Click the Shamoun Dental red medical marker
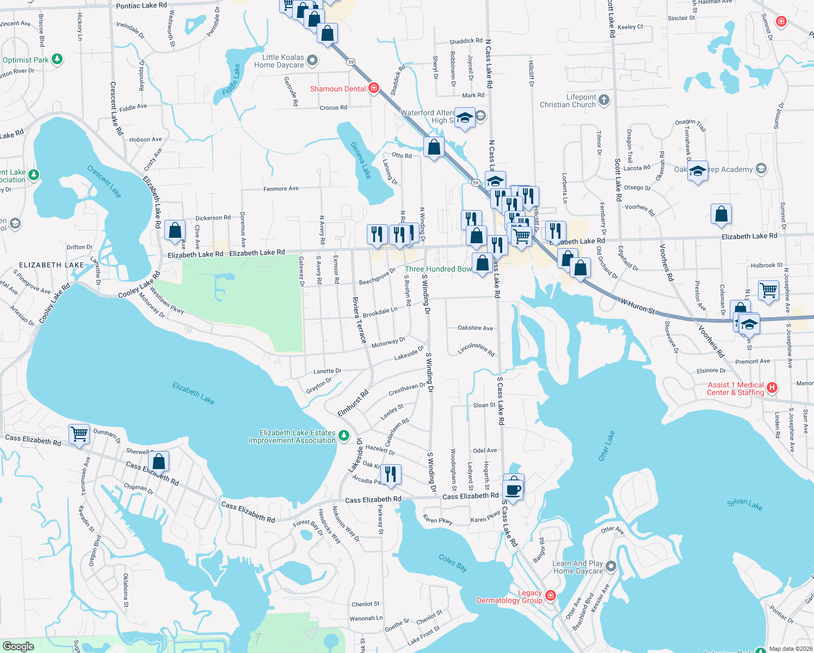373,88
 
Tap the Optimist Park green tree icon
57,59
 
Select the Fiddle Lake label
232,79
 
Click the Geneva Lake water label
361,160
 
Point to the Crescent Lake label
104,181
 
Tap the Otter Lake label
607,446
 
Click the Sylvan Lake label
744,504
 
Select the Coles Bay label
453,563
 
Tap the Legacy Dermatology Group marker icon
551,596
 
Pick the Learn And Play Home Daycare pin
611,566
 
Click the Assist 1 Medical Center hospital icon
772,388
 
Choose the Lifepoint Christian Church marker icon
604,100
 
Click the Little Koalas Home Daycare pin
312,60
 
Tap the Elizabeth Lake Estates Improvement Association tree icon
343,435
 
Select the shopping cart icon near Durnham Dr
79,434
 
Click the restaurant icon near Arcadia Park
391,473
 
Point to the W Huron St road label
638,305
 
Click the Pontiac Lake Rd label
141,5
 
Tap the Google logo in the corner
18,646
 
